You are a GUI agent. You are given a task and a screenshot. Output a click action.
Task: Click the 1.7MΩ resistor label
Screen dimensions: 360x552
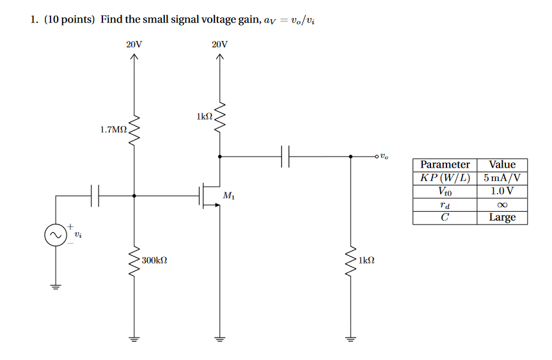113,129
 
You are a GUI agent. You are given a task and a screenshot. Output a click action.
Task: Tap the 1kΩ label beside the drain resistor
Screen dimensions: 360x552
204,116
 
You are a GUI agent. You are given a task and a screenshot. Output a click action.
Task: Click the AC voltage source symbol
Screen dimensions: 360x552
54,236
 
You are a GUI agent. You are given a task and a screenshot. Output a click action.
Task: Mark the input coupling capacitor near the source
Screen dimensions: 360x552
95,196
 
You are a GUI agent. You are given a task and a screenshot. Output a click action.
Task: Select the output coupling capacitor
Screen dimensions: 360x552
285,156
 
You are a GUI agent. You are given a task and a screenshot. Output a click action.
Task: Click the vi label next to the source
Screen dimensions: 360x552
77,235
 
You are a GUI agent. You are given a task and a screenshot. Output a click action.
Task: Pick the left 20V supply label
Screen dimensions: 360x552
134,45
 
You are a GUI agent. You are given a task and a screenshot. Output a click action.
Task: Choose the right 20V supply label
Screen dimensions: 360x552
219,45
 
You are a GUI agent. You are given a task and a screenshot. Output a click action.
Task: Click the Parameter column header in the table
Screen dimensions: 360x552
445,165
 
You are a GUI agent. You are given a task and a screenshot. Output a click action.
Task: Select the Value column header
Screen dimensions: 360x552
502,165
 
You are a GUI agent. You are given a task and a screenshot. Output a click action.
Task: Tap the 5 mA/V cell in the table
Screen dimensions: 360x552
502,178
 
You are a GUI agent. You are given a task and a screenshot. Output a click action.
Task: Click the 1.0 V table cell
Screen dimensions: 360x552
502,191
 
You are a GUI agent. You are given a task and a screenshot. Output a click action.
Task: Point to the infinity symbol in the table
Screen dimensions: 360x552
502,205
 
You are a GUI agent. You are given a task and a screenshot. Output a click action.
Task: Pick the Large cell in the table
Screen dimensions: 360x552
502,217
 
